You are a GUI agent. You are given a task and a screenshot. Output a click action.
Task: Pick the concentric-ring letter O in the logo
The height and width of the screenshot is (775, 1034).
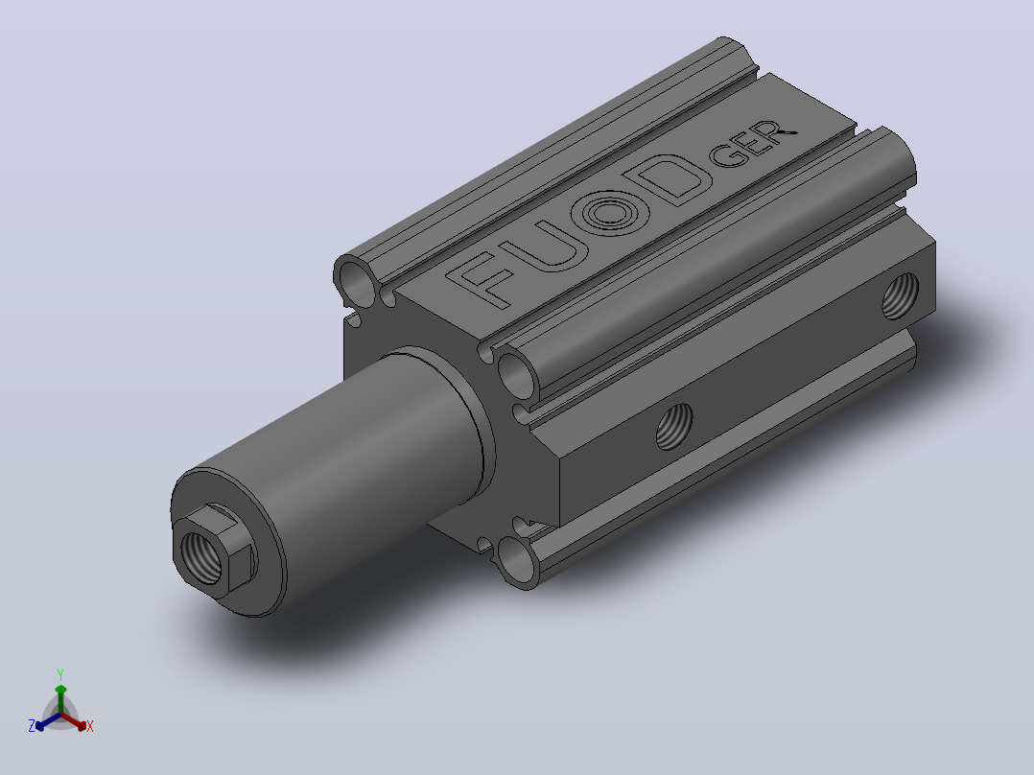coord(610,212)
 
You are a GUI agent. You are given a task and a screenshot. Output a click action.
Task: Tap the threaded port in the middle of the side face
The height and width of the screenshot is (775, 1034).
coord(674,426)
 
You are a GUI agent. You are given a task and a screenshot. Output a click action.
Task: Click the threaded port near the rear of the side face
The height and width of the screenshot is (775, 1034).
coord(900,295)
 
